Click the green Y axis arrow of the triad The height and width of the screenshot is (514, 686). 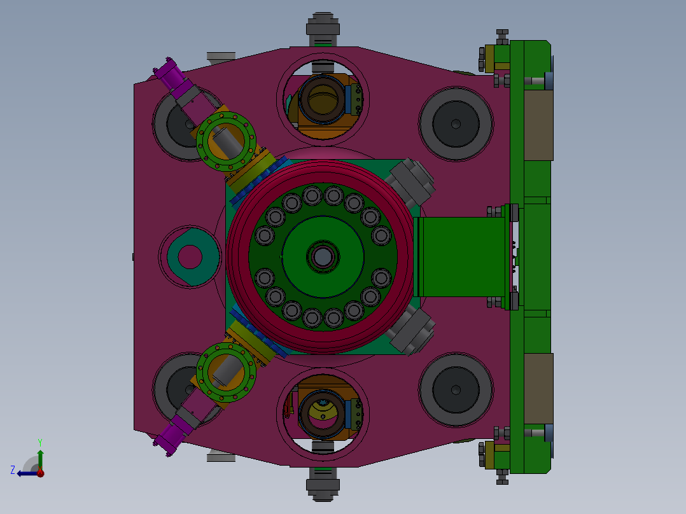(x=40, y=459)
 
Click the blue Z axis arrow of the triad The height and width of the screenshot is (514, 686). (x=27, y=473)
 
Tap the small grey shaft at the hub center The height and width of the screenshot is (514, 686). (x=323, y=257)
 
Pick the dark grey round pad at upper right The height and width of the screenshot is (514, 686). (x=456, y=124)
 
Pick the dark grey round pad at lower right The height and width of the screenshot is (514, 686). (x=456, y=389)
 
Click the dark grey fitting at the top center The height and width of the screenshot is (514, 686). (x=323, y=29)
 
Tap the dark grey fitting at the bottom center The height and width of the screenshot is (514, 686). (x=323, y=484)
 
